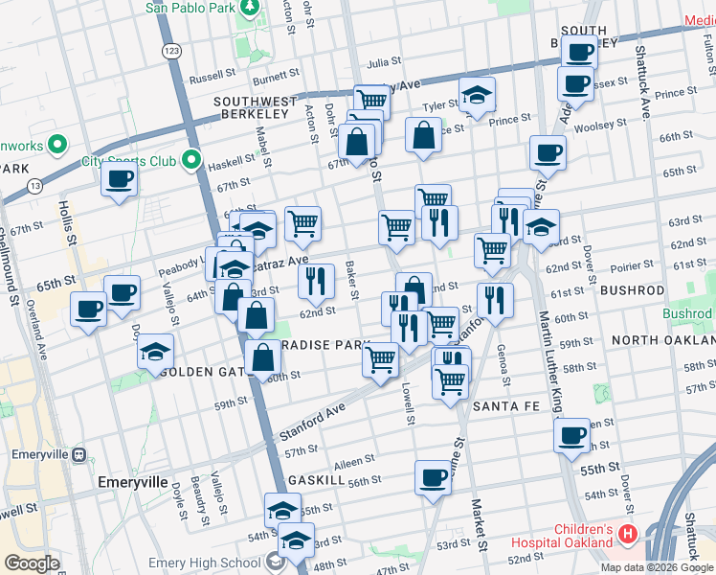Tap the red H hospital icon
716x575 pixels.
(x=628, y=533)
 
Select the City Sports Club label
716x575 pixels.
(x=128, y=161)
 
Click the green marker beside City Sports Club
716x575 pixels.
(x=192, y=160)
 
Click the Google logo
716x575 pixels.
(x=32, y=563)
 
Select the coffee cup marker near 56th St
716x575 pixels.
(x=433, y=475)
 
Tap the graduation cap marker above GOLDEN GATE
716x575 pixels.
(x=155, y=351)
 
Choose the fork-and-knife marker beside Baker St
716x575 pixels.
(x=316, y=281)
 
